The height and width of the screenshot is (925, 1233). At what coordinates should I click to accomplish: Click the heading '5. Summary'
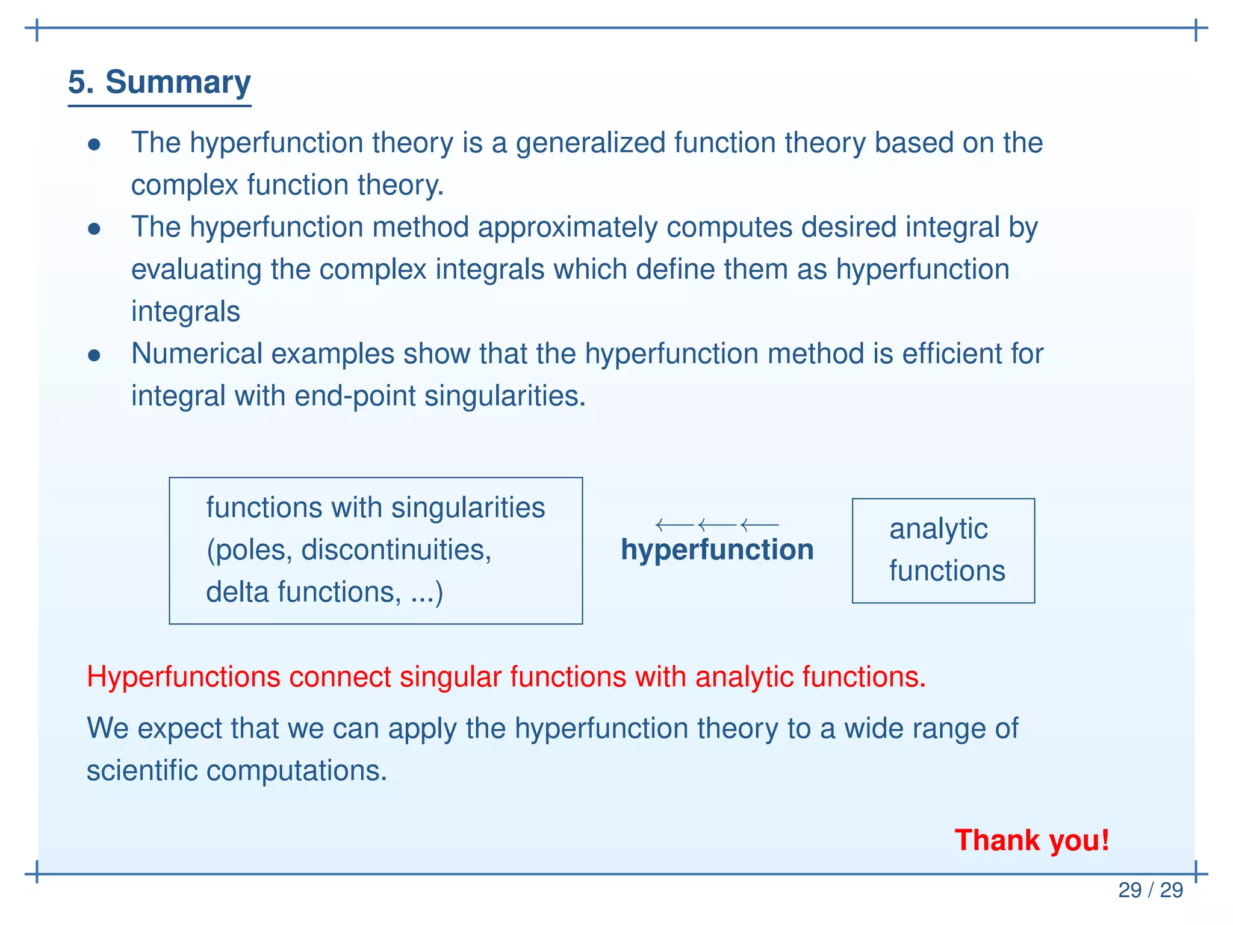(159, 83)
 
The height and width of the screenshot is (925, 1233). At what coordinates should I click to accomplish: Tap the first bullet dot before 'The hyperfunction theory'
(94, 145)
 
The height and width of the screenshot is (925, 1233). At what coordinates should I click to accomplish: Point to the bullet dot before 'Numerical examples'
(94, 355)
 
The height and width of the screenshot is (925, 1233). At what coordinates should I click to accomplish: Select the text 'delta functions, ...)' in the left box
(325, 592)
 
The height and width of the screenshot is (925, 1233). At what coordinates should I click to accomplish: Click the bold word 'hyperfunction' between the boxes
(717, 550)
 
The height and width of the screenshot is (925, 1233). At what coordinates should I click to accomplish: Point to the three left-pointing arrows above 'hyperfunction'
(717, 525)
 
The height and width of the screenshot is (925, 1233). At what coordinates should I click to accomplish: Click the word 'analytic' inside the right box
(938, 529)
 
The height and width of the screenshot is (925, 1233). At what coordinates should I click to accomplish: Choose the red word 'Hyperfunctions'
(184, 677)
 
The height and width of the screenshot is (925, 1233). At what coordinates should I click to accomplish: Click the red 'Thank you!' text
(1032, 840)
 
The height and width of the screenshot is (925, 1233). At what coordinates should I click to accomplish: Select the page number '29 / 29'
(1151, 890)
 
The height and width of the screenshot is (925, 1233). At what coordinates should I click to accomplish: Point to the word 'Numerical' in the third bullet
(196, 353)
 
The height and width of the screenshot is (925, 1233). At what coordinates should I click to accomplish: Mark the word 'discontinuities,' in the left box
(396, 550)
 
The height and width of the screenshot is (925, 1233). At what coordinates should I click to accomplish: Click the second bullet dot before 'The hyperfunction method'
(94, 229)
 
